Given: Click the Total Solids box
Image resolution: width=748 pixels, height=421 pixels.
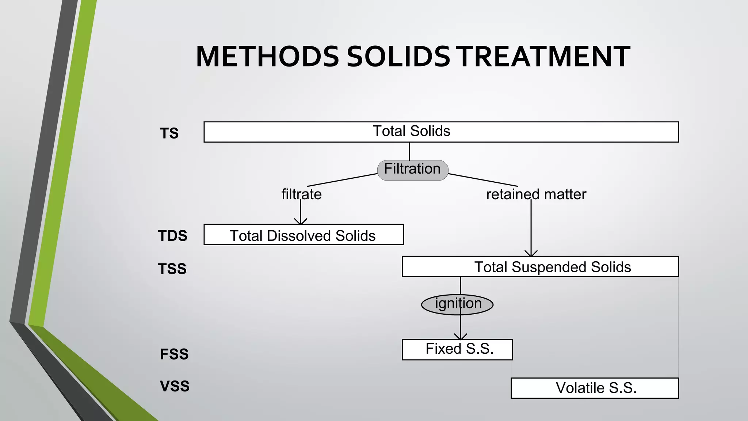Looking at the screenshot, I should pyautogui.click(x=441, y=132).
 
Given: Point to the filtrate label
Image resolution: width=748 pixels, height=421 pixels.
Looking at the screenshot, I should pyautogui.click(x=301, y=194).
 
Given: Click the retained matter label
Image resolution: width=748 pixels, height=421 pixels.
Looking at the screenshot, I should pyautogui.click(x=536, y=194).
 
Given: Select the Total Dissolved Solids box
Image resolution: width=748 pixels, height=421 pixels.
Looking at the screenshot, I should pyautogui.click(x=304, y=235).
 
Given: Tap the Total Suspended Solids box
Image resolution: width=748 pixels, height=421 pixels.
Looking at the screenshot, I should pyautogui.click(x=540, y=267).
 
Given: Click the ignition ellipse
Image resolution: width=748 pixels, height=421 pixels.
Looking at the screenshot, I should pyautogui.click(x=457, y=304).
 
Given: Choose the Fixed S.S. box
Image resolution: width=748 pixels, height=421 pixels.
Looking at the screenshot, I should pyautogui.click(x=457, y=350).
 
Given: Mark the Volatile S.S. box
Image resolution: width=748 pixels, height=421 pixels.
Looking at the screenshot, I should pyautogui.click(x=595, y=388).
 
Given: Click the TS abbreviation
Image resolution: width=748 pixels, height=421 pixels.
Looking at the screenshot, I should pyautogui.click(x=169, y=133).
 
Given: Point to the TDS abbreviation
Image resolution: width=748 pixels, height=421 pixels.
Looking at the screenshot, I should pyautogui.click(x=172, y=236).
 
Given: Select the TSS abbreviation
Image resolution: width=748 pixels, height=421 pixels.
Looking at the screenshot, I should pyautogui.click(x=172, y=269).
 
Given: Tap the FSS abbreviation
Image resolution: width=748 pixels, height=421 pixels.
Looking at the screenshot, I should pyautogui.click(x=174, y=354).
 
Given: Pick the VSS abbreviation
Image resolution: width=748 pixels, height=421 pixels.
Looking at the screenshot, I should pyautogui.click(x=175, y=386).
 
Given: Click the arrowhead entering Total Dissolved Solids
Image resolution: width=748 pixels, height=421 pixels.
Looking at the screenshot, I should pyautogui.click(x=301, y=221).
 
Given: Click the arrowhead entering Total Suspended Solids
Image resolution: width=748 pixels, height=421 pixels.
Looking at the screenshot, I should pyautogui.click(x=531, y=253).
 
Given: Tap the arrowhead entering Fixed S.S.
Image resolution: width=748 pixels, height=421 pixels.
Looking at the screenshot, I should pyautogui.click(x=461, y=337).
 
